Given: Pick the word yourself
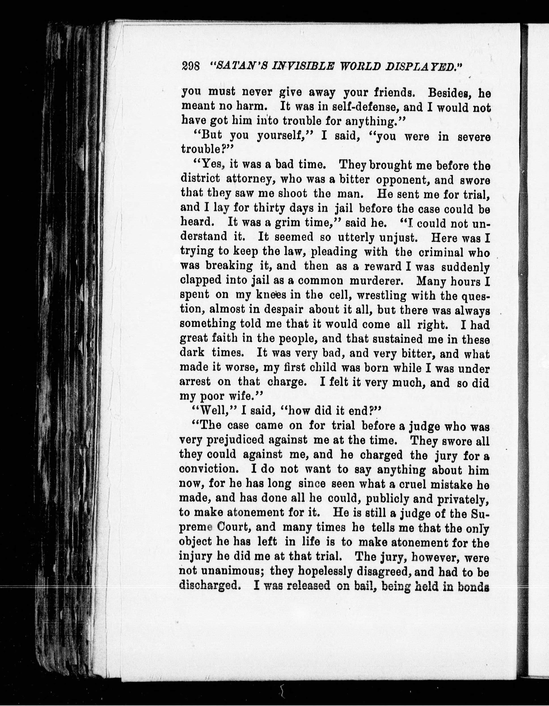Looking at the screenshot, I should tap(285, 136).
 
